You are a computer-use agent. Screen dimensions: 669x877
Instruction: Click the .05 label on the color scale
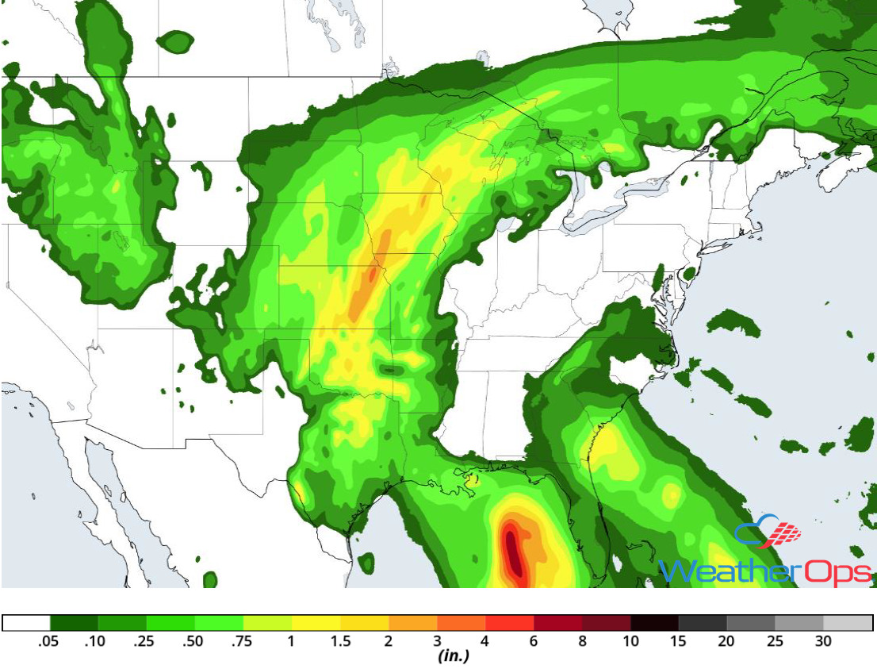49,641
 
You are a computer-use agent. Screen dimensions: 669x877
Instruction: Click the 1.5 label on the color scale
340,641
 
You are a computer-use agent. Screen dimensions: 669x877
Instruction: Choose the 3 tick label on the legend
438,641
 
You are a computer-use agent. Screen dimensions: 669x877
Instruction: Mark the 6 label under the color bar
534,641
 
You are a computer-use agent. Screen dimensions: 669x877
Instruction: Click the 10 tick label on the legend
631,641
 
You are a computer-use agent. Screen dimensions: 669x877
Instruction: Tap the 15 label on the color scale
680,641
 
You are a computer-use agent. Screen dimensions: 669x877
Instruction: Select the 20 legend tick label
727,641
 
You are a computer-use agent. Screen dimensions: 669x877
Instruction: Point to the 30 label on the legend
824,641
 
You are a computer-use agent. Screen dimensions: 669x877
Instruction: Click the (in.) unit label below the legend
453,656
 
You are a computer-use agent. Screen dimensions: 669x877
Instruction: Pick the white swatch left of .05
26,623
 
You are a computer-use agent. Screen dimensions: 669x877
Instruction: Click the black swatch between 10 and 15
655,623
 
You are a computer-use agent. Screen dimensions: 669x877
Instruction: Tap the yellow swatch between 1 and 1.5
316,623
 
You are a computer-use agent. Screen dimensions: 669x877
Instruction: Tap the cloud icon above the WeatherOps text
766,533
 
